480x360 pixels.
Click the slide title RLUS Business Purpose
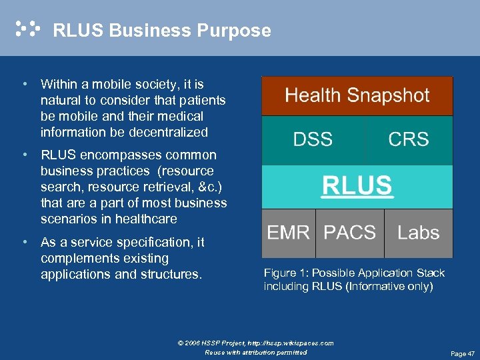(x=161, y=31)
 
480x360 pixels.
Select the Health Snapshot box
(x=357, y=95)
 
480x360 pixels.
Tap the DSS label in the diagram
(x=313, y=139)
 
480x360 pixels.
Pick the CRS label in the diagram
(x=408, y=139)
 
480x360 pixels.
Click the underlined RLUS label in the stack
(x=357, y=185)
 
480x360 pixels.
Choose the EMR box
(x=288, y=233)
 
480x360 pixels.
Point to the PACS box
(x=349, y=233)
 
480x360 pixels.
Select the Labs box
(x=418, y=233)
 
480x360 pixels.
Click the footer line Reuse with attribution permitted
(x=256, y=352)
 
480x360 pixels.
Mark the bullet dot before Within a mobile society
(x=24, y=85)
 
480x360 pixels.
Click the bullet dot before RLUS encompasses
(x=24, y=155)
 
